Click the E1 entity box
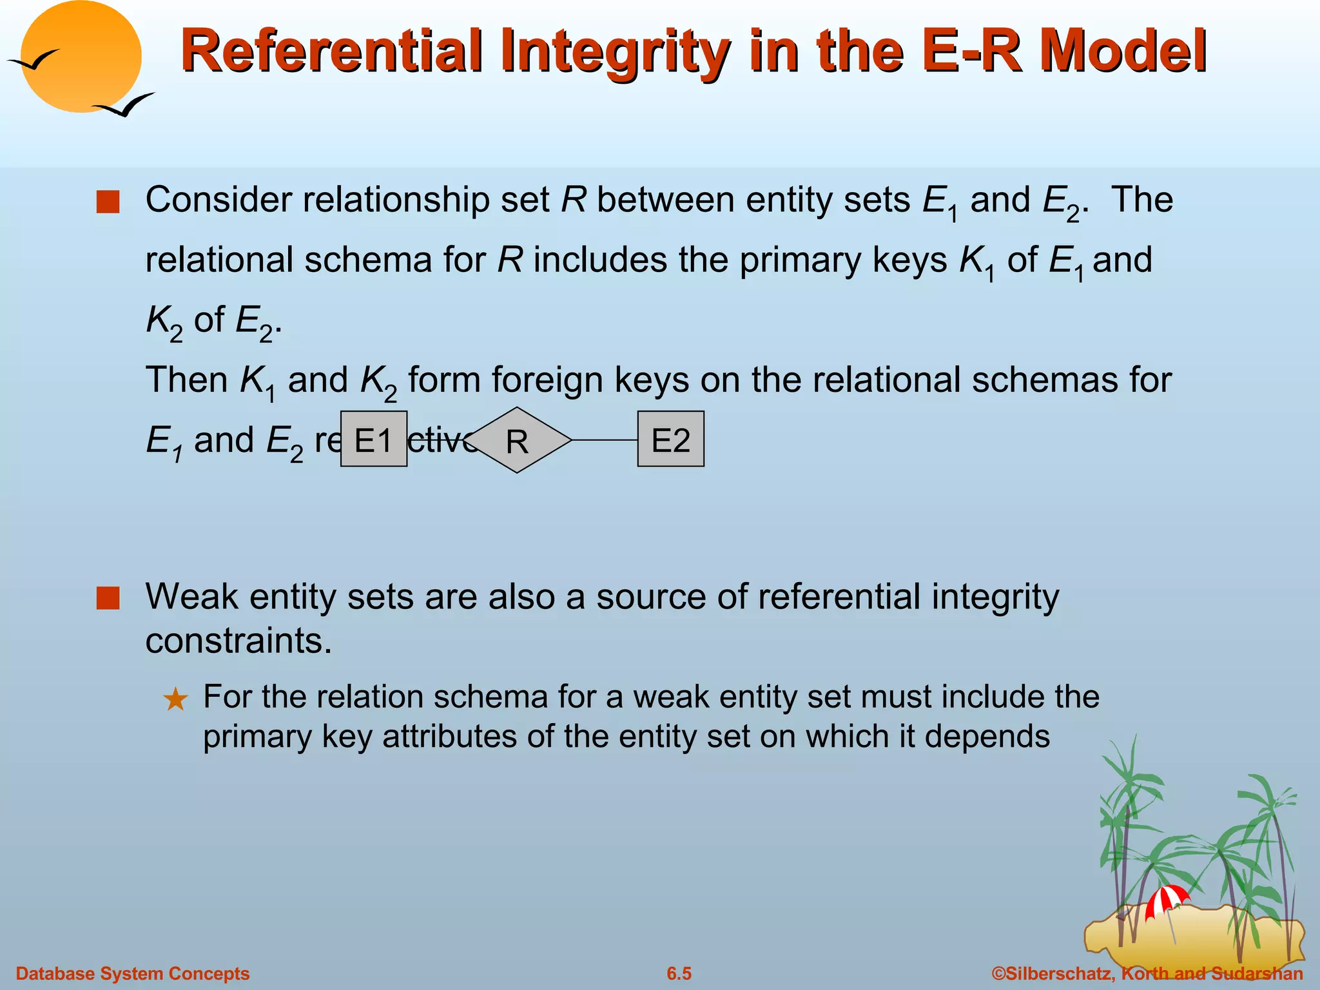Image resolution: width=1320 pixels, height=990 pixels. pos(373,439)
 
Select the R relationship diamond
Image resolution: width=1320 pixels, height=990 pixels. pos(517,440)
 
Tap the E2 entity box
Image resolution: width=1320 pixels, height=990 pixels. pos(670,439)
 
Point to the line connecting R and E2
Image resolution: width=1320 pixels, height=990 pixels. pos(605,440)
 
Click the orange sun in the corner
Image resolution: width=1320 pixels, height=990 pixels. pos(81,57)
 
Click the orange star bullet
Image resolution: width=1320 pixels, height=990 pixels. pos(175,699)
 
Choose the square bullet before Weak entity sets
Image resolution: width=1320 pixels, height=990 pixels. pos(108,598)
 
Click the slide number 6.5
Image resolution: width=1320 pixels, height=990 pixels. pos(679,973)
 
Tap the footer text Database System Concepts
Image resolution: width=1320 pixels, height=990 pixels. pos(133,973)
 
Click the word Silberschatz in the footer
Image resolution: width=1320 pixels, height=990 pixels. pos(1057,973)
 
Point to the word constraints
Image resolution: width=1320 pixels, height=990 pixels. pos(238,641)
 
